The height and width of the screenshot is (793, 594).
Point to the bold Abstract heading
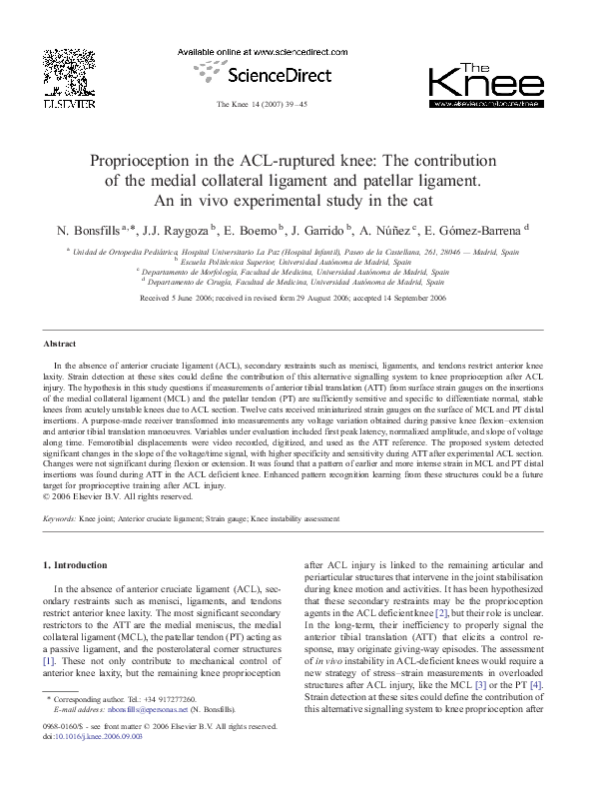click(62, 341)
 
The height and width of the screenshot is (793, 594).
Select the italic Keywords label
click(60, 519)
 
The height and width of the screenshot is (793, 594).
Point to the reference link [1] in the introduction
click(49, 660)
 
